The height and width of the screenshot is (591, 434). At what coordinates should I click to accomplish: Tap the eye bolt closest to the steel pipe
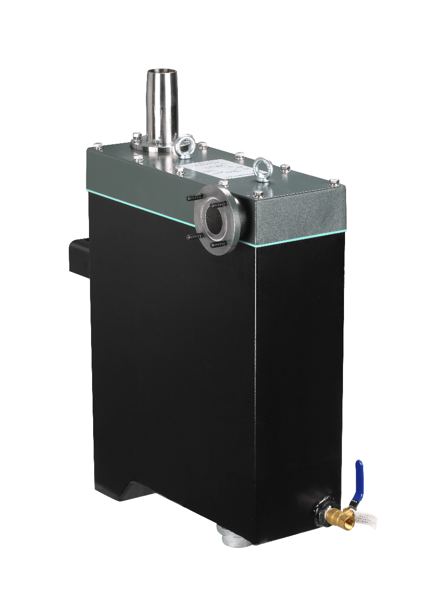[185, 145]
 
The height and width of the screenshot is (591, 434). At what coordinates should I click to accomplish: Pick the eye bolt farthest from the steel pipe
[263, 168]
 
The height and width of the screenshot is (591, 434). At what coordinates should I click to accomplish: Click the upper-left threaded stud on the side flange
[193, 198]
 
